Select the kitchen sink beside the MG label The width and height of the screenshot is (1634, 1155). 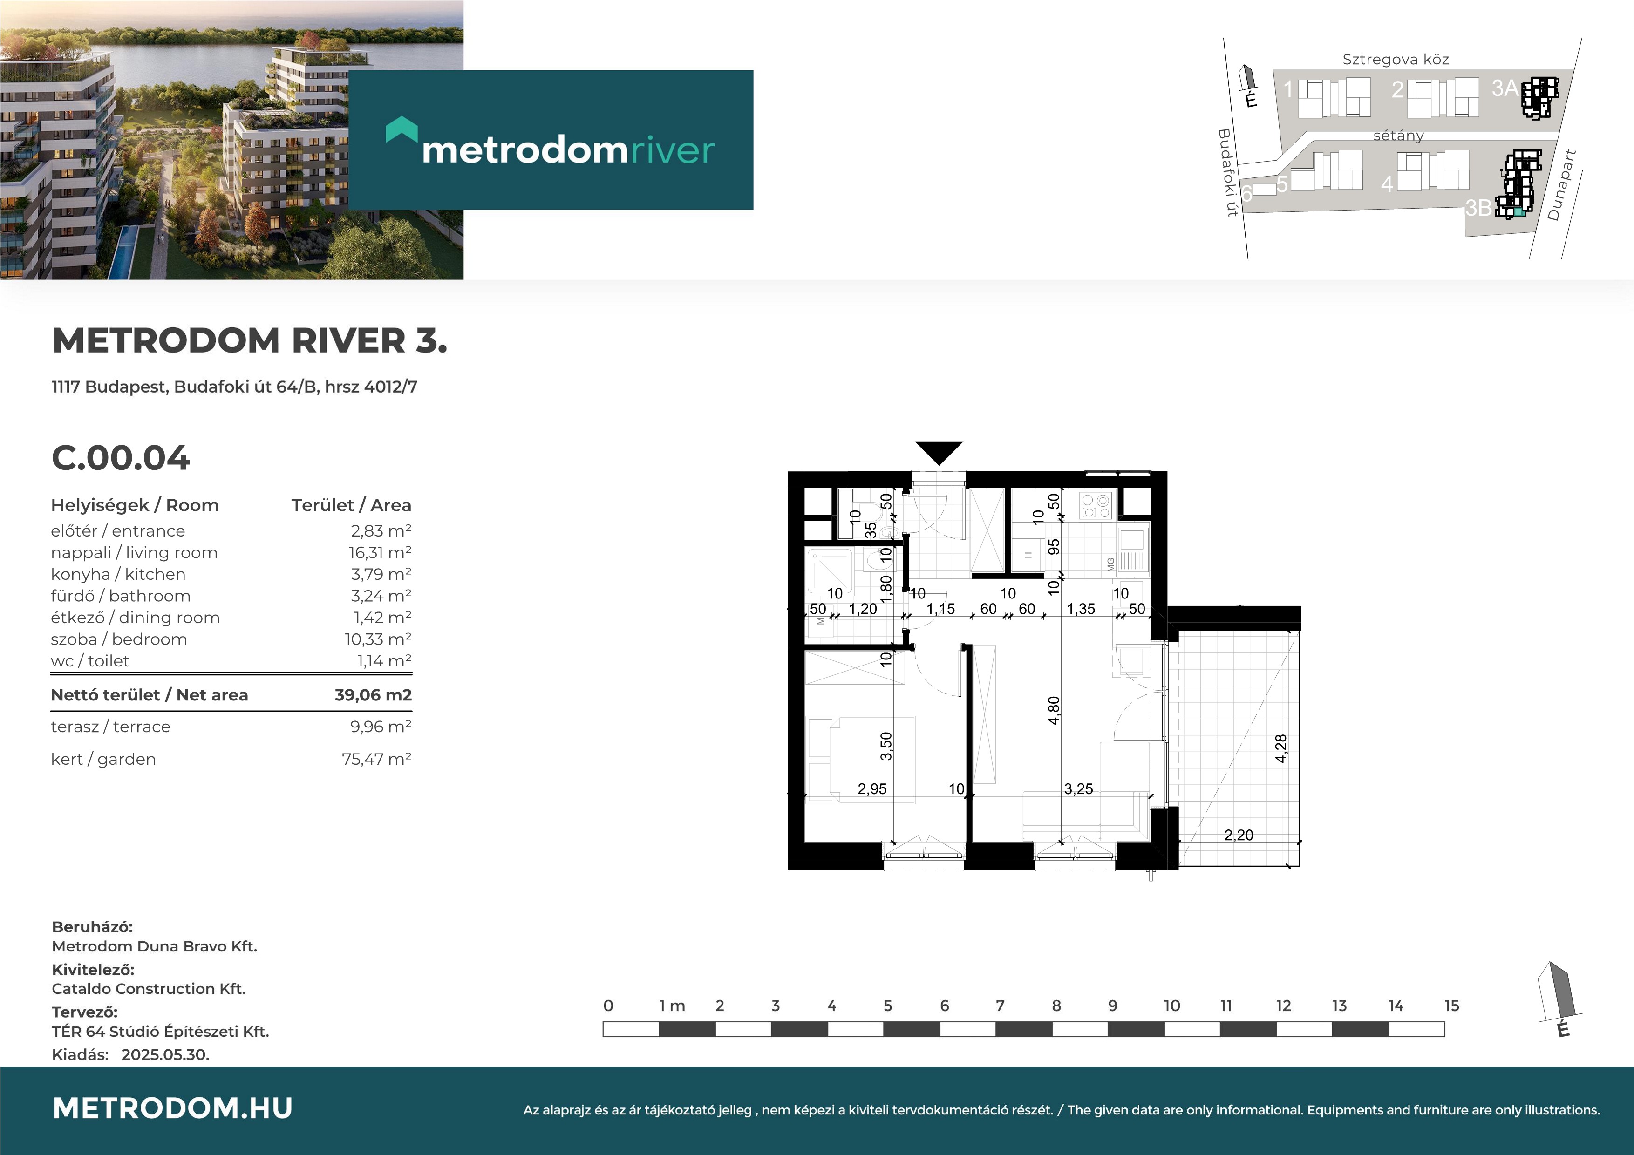coord(1132,551)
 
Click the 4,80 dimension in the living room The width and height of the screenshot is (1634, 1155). coord(1054,710)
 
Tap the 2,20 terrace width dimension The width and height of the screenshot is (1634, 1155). coord(1239,835)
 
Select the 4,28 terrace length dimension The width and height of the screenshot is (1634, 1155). coord(1281,748)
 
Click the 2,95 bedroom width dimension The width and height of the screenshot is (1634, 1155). coord(872,788)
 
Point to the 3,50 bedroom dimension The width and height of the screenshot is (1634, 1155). coord(886,746)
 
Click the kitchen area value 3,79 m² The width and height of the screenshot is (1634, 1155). coord(381,574)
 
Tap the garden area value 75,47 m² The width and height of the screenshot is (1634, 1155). coord(376,759)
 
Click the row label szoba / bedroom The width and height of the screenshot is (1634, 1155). coord(119,639)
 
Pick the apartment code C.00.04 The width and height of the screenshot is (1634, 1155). coord(121,458)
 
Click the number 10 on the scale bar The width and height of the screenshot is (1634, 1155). coord(1171,1006)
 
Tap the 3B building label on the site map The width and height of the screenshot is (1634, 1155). coord(1478,207)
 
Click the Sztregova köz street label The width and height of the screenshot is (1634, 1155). coord(1396,59)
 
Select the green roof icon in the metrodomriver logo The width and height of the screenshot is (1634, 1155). coord(402,129)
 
